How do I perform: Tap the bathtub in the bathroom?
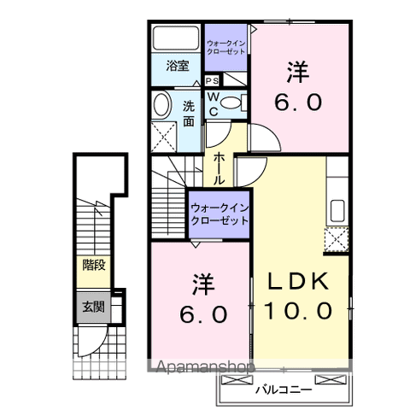[x=176, y=38]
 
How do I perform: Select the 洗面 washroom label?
[x=189, y=113]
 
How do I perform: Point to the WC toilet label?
[x=213, y=103]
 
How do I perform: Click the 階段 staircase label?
[x=94, y=265]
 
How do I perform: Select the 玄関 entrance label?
[x=93, y=307]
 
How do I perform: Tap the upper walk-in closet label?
[x=227, y=46]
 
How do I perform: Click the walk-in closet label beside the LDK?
[x=219, y=214]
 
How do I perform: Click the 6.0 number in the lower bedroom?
[x=202, y=313]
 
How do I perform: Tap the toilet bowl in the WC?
[x=238, y=103]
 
